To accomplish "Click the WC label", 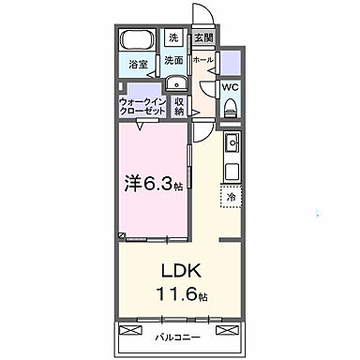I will [x=231, y=90].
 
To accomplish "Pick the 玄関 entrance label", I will [x=202, y=38].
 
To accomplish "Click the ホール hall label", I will [x=202, y=60].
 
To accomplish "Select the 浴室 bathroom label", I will [x=137, y=66].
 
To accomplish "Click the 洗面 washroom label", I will [x=173, y=60].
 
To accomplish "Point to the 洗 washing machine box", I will [x=173, y=38].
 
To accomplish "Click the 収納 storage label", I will [x=178, y=106].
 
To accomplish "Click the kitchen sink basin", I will [x=231, y=144].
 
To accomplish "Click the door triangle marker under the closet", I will [x=139, y=126].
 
